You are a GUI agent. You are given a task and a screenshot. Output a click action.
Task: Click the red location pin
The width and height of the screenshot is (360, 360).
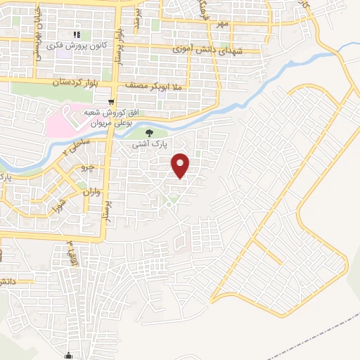(181, 166)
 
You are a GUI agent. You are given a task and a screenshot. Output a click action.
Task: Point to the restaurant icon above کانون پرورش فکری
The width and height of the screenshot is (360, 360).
(77, 34)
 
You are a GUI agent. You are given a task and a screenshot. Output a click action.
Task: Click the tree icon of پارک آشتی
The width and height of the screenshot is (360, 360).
(148, 132)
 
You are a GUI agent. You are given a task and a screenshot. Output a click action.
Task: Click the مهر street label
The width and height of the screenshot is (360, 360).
(223, 25)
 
